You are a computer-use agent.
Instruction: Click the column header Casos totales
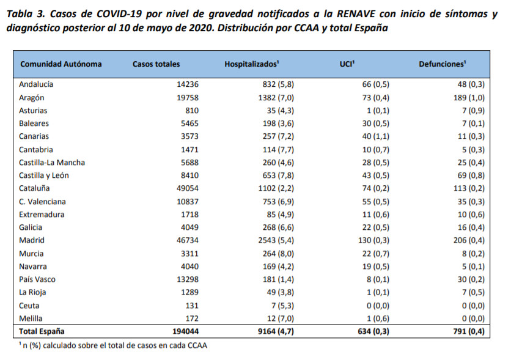(156, 64)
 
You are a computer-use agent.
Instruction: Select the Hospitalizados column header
(252, 64)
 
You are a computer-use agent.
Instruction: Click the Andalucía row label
(37, 84)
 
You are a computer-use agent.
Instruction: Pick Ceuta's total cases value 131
(192, 305)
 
